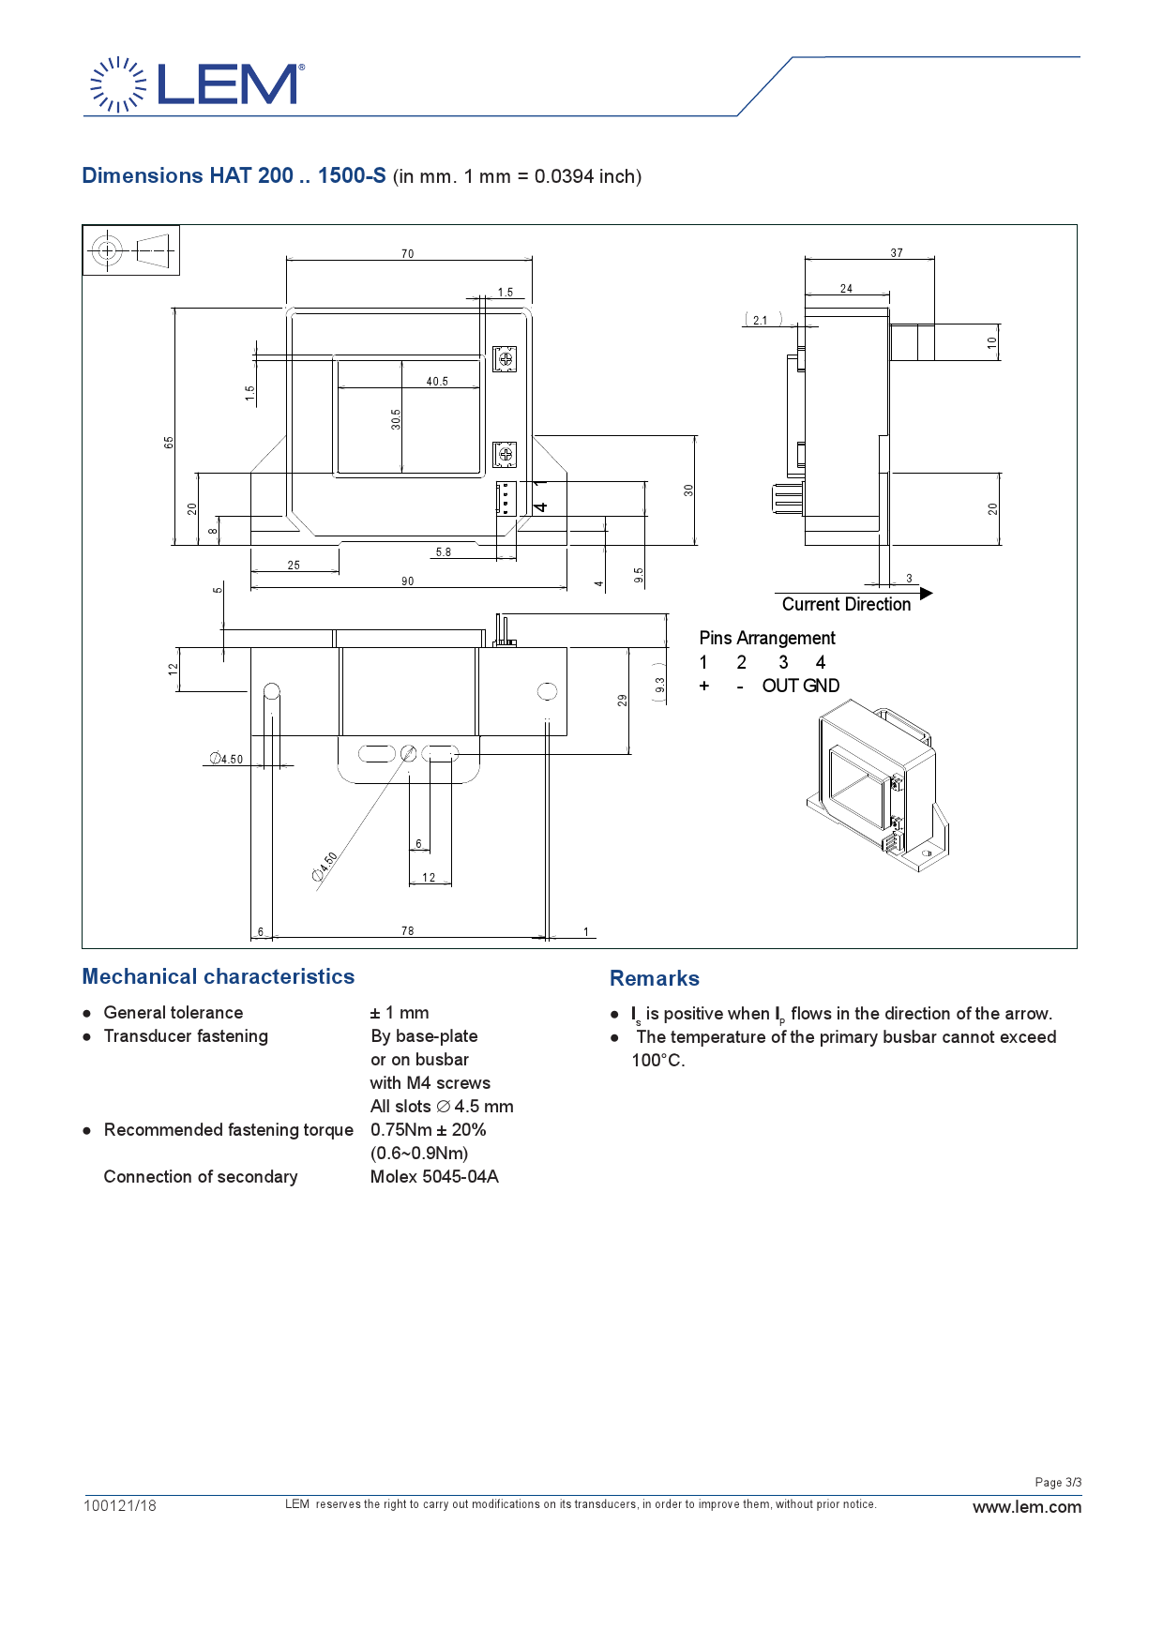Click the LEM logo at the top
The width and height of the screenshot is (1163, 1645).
pyautogui.click(x=197, y=84)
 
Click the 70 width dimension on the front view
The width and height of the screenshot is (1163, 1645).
pyautogui.click(x=407, y=254)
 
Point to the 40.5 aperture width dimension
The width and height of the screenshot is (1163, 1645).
pyautogui.click(x=437, y=382)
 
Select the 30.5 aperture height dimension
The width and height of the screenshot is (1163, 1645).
pyautogui.click(x=396, y=419)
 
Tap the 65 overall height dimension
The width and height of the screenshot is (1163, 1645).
pyautogui.click(x=169, y=442)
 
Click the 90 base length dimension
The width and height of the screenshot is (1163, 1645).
pyautogui.click(x=407, y=581)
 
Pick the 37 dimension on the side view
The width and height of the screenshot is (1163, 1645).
pyautogui.click(x=897, y=253)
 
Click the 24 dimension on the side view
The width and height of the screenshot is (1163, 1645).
pyautogui.click(x=846, y=289)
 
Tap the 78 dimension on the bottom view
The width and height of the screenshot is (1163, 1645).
pyautogui.click(x=407, y=931)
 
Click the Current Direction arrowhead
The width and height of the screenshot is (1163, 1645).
pyautogui.click(x=927, y=594)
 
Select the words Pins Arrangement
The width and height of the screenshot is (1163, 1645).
pyautogui.click(x=767, y=638)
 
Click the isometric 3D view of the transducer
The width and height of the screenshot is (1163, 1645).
pyautogui.click(x=878, y=786)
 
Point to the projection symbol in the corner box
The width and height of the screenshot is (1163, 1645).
pyautogui.click(x=130, y=250)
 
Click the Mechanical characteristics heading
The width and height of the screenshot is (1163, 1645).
pyautogui.click(x=219, y=976)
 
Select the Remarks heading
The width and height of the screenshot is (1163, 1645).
pyautogui.click(x=655, y=978)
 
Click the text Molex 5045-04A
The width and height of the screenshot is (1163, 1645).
pyautogui.click(x=434, y=1176)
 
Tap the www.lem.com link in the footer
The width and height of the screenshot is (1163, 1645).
pyautogui.click(x=1027, y=1507)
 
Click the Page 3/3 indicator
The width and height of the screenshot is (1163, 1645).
pyautogui.click(x=1058, y=1483)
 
